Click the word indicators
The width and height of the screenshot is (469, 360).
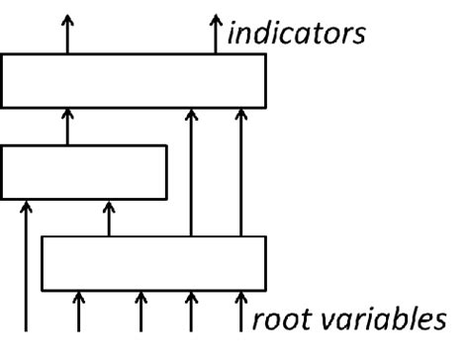(x=297, y=33)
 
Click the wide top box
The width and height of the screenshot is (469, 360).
(x=134, y=80)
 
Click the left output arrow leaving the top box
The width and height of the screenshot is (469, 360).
(x=67, y=35)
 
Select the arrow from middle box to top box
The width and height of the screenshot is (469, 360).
(x=67, y=127)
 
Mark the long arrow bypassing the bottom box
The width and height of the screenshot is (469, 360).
(x=27, y=267)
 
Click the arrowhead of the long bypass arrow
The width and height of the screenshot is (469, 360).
(x=27, y=205)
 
